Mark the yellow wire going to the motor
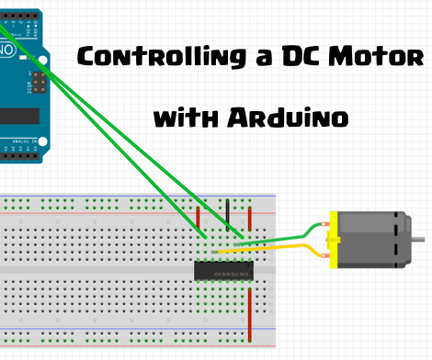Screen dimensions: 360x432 coord(276,249)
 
